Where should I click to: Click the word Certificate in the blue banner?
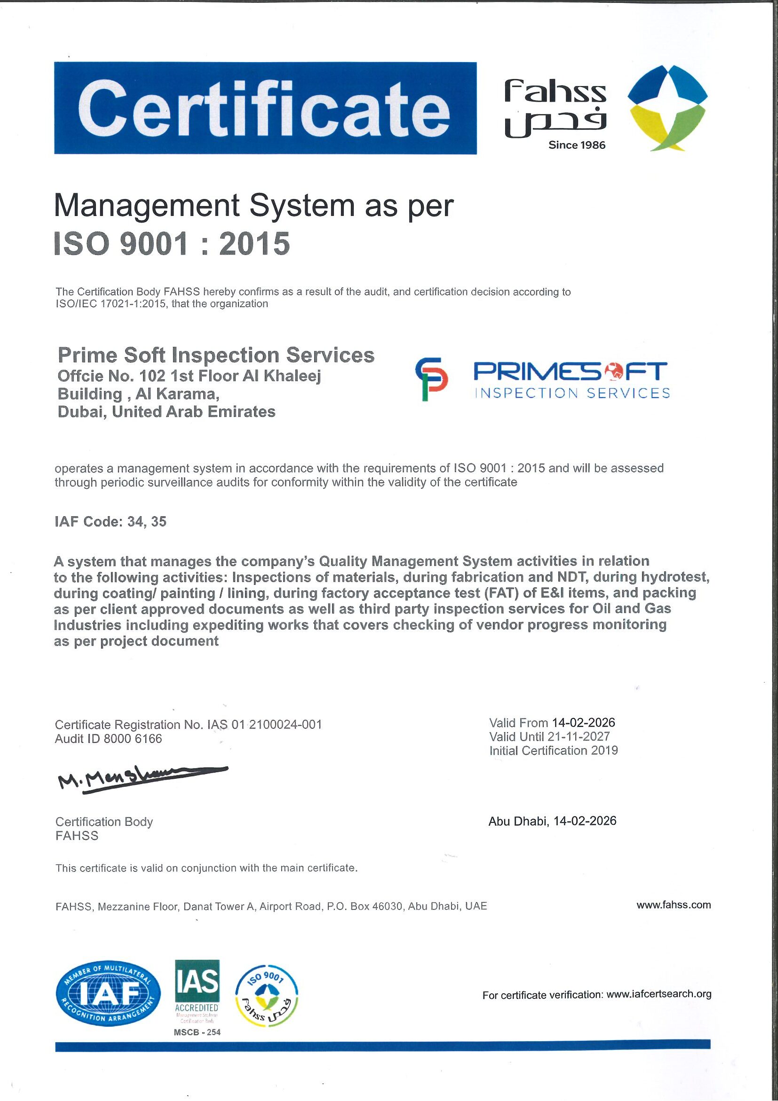(x=265, y=108)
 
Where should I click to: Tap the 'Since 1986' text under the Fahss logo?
(x=577, y=145)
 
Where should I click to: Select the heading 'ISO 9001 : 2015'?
(x=172, y=244)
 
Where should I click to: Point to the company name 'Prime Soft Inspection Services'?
(x=216, y=355)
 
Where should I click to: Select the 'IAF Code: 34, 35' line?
(x=111, y=522)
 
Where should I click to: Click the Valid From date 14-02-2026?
(x=583, y=722)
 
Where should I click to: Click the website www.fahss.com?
(x=674, y=905)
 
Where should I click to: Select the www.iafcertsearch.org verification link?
(x=659, y=994)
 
